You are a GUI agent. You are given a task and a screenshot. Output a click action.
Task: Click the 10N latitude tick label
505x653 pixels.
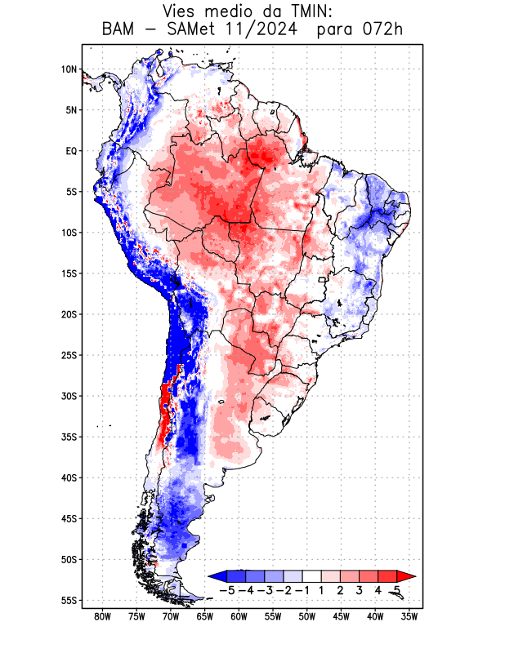point(69,69)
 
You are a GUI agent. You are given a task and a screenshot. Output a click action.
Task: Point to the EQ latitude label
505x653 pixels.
point(70,151)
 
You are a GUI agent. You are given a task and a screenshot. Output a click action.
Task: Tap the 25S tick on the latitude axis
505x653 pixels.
point(68,355)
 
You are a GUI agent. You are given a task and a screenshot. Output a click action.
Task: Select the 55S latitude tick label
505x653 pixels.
point(68,601)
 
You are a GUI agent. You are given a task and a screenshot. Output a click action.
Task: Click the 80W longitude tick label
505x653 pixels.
point(102,616)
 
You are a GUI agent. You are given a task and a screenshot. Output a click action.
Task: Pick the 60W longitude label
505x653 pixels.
point(239,616)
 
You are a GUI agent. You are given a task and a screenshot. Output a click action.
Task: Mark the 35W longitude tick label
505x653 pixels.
point(409,616)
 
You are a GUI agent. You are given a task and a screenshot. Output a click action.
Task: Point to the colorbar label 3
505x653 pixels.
point(359,590)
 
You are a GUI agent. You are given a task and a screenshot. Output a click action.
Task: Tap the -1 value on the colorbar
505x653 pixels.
point(302,590)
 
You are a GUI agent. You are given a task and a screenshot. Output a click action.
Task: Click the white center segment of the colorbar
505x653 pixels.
point(312,576)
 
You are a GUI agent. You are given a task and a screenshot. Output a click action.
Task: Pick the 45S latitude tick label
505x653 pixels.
point(68,519)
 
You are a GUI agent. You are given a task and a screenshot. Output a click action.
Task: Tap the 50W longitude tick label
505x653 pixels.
point(307,616)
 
